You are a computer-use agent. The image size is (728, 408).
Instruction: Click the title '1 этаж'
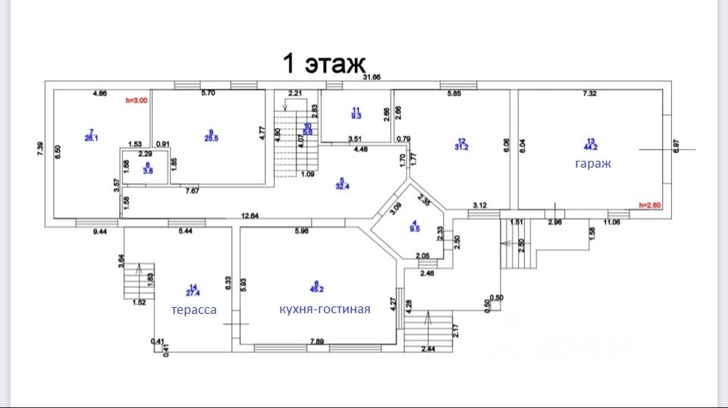[x=325, y=62]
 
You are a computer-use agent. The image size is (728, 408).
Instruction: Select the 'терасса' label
[x=193, y=309]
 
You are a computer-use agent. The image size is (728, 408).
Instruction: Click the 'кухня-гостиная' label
[x=325, y=309]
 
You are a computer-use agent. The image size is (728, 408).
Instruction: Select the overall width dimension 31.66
[x=372, y=77]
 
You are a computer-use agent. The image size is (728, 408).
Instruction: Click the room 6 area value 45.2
[x=318, y=289]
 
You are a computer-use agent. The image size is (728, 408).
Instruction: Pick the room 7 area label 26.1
[x=90, y=137]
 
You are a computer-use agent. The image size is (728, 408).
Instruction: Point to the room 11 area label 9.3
[x=356, y=116]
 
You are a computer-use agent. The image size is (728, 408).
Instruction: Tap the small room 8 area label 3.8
[x=147, y=171]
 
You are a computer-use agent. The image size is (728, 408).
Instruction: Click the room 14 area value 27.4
[x=193, y=293]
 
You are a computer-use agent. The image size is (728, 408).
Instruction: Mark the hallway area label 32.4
[x=342, y=186]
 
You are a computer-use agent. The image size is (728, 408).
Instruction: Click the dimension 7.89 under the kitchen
[x=318, y=342]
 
